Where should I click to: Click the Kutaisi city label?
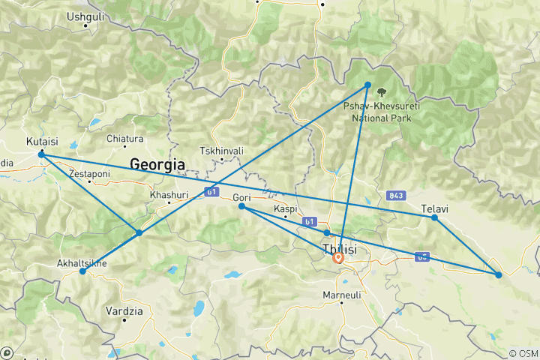[40, 141]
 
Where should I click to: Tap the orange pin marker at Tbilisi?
[337, 258]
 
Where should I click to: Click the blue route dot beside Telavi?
[435, 217]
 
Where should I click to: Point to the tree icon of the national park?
[383, 94]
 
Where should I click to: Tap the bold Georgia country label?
[157, 163]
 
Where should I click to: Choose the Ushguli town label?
[85, 16]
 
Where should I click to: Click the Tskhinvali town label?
[222, 151]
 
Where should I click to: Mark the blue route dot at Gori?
[241, 206]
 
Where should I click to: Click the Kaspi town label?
[286, 208]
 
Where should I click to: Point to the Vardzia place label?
[121, 310]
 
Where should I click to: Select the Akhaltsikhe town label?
[82, 263]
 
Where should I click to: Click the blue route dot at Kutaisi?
[41, 154]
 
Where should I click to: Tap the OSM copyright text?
[523, 352]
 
